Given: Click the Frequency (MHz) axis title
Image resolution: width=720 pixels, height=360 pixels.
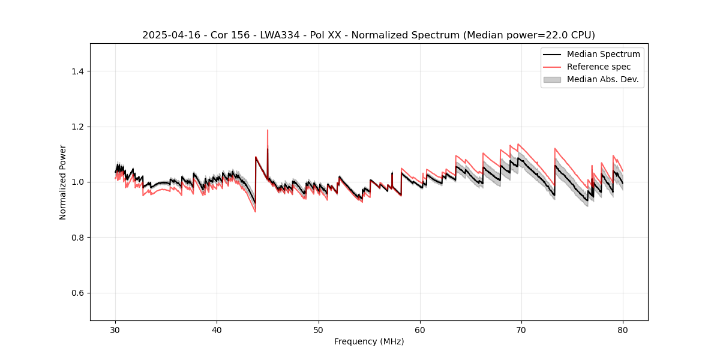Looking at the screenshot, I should coord(369,342).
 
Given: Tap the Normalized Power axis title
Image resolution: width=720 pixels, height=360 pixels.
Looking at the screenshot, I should coord(63,182).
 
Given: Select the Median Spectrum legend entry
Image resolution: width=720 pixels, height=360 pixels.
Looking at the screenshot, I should coord(603,54).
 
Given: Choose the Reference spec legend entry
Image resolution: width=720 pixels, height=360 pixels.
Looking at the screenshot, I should coord(598,67).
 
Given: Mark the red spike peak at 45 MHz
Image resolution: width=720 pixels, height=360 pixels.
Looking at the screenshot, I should coord(268,130).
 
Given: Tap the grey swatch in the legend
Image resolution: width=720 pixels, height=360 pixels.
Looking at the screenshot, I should coord(552,79).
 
